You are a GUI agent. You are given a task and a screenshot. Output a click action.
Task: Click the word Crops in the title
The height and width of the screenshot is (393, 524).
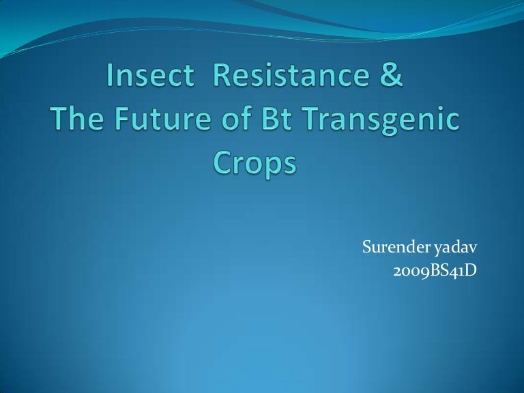coord(255,164)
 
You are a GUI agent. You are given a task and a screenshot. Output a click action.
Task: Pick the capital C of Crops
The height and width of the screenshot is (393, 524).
coord(223,164)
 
